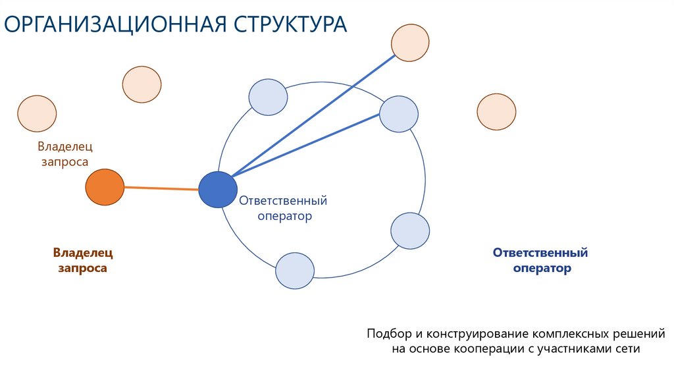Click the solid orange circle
pyautogui.click(x=105, y=187)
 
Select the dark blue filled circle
pyautogui.click(x=218, y=190)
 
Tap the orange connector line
pyautogui.click(x=161, y=188)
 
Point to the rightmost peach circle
pyautogui.click(x=496, y=111)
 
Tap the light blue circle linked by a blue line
pyautogui.click(x=399, y=114)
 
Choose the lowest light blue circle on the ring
pyautogui.click(x=294, y=270)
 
